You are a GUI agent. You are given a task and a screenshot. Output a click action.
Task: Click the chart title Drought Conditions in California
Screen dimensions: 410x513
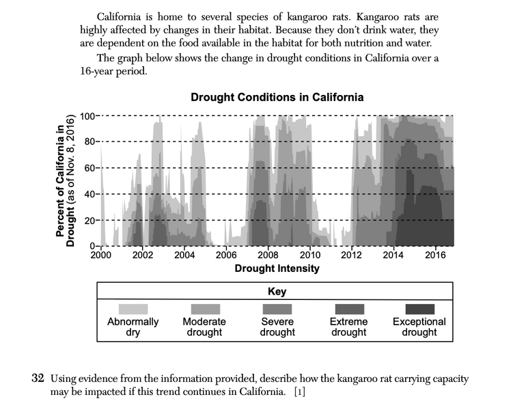pos(277,97)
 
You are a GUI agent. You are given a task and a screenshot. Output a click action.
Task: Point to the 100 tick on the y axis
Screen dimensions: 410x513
pos(87,115)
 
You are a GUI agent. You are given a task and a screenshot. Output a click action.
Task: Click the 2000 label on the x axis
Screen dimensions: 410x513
pos(100,256)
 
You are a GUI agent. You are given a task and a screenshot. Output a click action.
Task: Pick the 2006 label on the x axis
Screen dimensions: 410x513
pos(226,256)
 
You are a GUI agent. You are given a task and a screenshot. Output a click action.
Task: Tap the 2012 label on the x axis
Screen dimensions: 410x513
pos(351,256)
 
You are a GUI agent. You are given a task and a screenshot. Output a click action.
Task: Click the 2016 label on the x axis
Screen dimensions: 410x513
pos(435,256)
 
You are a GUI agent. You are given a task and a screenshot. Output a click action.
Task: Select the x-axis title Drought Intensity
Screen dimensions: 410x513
pos(277,269)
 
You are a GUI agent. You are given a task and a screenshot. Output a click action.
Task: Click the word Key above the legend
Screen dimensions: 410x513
pos(277,292)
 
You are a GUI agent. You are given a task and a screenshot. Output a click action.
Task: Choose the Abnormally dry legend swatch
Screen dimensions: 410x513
pos(133,310)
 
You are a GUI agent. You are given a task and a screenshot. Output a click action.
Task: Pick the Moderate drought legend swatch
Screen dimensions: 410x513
pos(204,310)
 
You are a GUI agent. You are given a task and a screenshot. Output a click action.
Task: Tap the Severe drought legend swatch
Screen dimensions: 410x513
pos(277,310)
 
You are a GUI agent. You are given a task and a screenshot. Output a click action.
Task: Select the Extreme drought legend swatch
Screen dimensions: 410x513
pos(348,310)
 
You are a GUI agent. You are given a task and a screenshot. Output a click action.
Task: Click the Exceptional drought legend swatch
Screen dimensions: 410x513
pos(419,310)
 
